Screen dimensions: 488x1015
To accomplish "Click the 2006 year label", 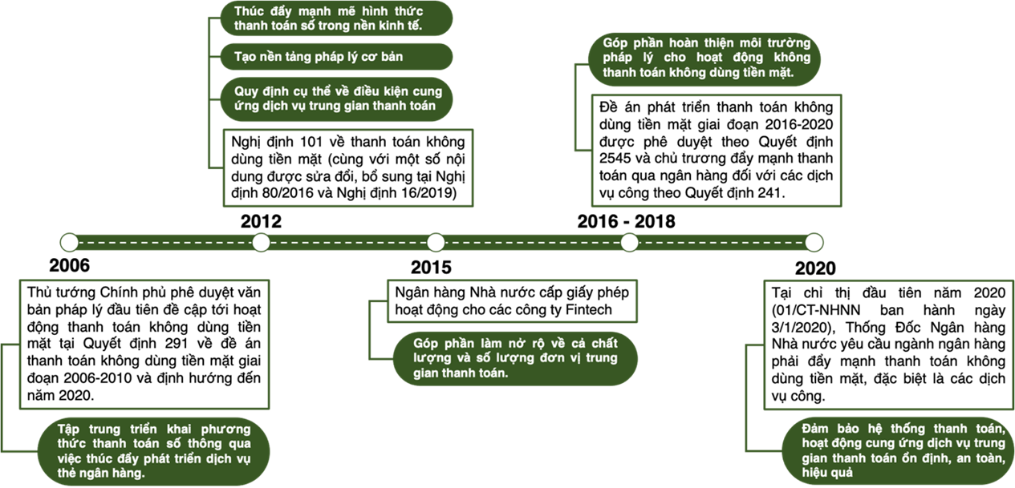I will click(69, 266).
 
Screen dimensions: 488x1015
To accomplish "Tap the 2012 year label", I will click(261, 222).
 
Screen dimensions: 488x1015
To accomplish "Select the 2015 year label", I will click(431, 268).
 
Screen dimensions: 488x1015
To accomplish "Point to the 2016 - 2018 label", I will click(626, 222).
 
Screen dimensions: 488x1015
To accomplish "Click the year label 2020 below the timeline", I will click(815, 268).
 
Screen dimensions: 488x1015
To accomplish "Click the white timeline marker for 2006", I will click(69, 242).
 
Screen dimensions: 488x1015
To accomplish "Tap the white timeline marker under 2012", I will click(261, 242).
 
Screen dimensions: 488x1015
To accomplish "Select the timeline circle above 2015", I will click(436, 242).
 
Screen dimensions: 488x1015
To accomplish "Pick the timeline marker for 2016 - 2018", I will click(629, 242).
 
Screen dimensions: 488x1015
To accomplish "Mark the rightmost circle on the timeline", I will click(814, 242).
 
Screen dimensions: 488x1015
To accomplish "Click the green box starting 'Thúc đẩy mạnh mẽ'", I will click(329, 18).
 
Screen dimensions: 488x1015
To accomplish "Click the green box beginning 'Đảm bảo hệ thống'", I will click(895, 451).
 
